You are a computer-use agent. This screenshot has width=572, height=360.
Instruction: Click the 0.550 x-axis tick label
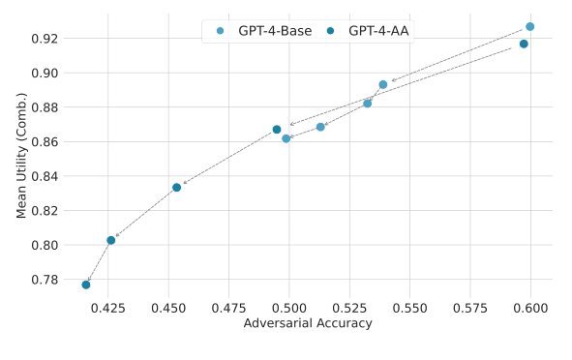coord(410,308)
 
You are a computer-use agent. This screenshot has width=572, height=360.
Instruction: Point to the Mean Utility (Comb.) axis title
coord(21,155)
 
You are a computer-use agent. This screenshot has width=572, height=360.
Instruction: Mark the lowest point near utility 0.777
coord(86,285)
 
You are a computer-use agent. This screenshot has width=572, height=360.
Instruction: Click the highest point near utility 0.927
coord(529,27)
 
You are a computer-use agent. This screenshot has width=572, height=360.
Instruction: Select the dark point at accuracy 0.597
coord(524,44)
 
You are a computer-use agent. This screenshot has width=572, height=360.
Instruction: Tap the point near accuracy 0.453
coord(176,187)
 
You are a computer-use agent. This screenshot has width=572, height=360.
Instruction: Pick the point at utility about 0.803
coord(111,240)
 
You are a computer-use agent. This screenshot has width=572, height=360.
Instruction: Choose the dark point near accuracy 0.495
coord(277,130)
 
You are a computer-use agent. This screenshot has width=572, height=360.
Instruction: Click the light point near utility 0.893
coord(383,85)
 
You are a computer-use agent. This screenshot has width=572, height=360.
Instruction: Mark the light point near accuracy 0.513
coord(320,127)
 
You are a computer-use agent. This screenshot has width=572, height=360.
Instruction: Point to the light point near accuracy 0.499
coord(286,138)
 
